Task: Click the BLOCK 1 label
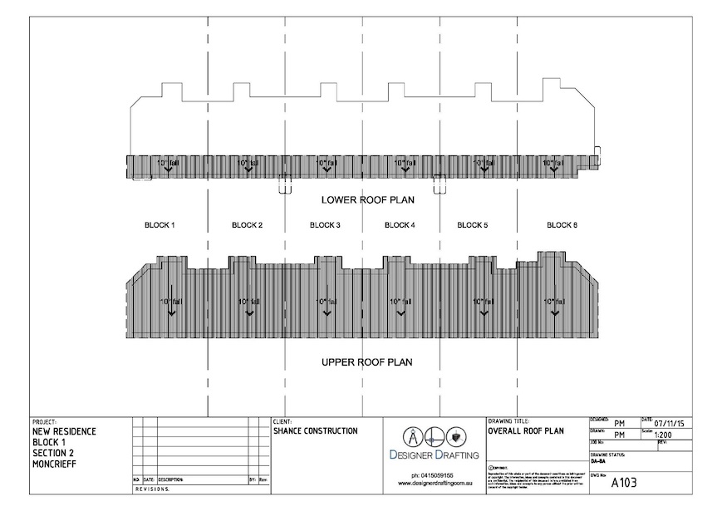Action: [x=160, y=225]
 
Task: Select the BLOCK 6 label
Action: [x=562, y=225]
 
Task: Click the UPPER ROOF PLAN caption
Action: [x=366, y=362]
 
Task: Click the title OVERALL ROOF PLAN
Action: [x=525, y=431]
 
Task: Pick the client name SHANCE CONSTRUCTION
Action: [x=315, y=431]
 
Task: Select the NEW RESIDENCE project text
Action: [x=64, y=431]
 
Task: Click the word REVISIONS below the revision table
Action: [x=151, y=489]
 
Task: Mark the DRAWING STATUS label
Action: [x=608, y=455]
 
